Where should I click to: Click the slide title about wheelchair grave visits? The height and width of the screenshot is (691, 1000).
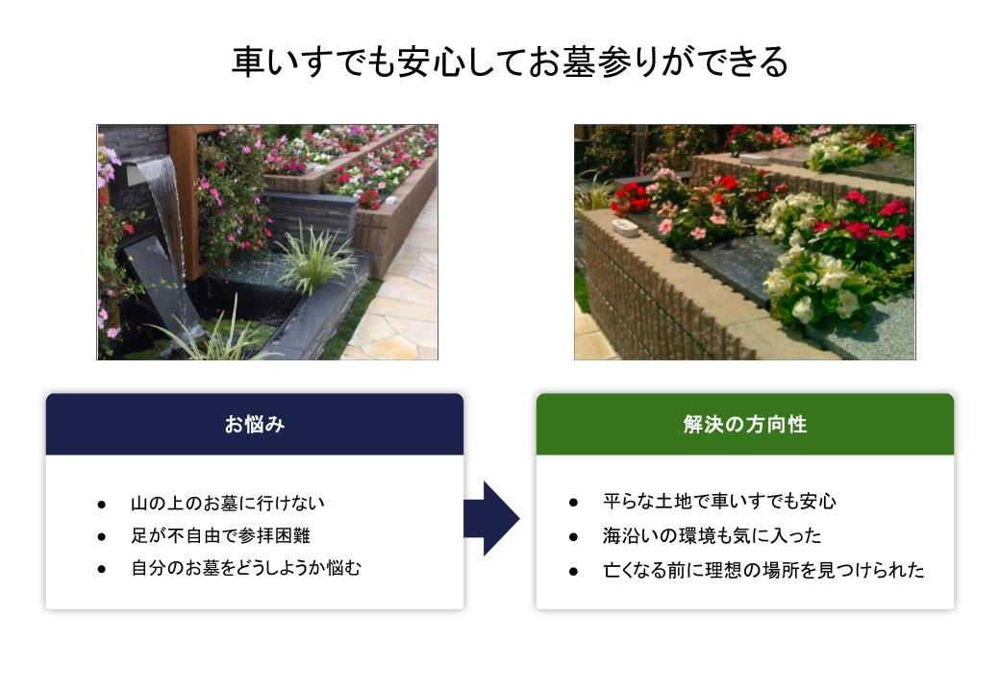coord(511,62)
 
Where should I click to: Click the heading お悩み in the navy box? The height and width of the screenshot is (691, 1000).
coord(255,424)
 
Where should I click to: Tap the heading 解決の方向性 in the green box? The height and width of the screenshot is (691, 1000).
coord(745,424)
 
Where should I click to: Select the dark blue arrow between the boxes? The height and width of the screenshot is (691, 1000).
coord(491,518)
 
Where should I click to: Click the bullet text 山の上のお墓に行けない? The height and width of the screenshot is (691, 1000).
coord(228,503)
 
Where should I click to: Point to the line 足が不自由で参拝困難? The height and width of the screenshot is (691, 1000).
coord(220,535)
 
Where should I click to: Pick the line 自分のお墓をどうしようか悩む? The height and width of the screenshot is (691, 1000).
coord(246,568)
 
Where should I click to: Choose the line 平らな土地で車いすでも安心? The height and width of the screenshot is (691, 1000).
coord(719,502)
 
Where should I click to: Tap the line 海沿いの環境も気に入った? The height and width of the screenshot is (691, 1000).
coord(712,535)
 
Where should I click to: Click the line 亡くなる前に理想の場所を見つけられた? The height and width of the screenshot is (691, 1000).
coord(763,570)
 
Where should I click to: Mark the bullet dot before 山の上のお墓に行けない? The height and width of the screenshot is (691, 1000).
coord(101,505)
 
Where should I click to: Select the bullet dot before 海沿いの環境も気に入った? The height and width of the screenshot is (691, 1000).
coord(573,536)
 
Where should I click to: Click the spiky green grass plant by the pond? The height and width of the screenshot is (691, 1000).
coord(315,259)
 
